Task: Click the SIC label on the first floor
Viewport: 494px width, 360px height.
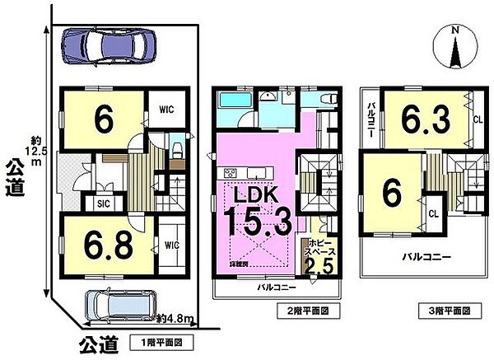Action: (104, 203)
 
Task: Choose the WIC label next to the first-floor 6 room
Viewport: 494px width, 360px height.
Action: (165, 109)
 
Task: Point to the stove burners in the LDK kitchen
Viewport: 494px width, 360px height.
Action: (230, 172)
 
